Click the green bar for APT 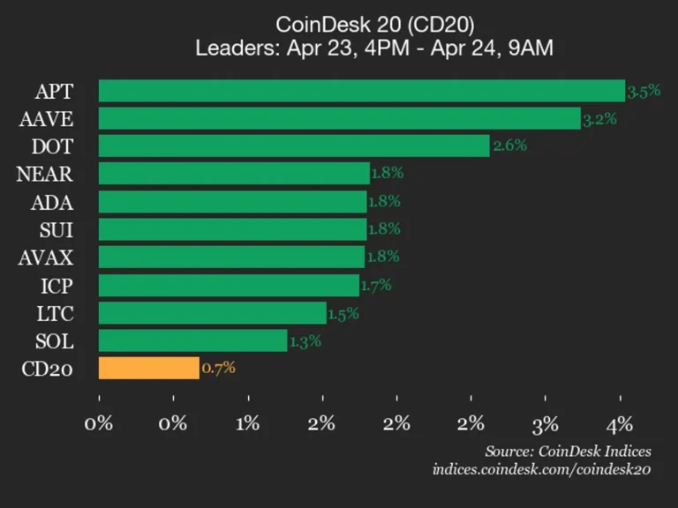pyautogui.click(x=362, y=91)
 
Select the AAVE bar pyautogui.click(x=340, y=118)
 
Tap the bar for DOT pyautogui.click(x=294, y=146)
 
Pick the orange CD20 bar pyautogui.click(x=149, y=368)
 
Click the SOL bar pyautogui.click(x=193, y=340)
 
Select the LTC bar pyautogui.click(x=213, y=313)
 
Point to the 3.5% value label pyautogui.click(x=644, y=90)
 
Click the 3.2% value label pyautogui.click(x=599, y=118)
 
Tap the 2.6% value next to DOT pyautogui.click(x=509, y=146)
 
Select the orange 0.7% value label pyautogui.click(x=218, y=368)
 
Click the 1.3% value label pyautogui.click(x=305, y=340)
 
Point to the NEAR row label pyautogui.click(x=44, y=174)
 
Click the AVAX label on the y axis pyautogui.click(x=47, y=258)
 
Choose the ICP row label pyautogui.click(x=56, y=286)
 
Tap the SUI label pyautogui.click(x=56, y=229)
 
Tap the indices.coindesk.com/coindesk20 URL pyautogui.click(x=541, y=469)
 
